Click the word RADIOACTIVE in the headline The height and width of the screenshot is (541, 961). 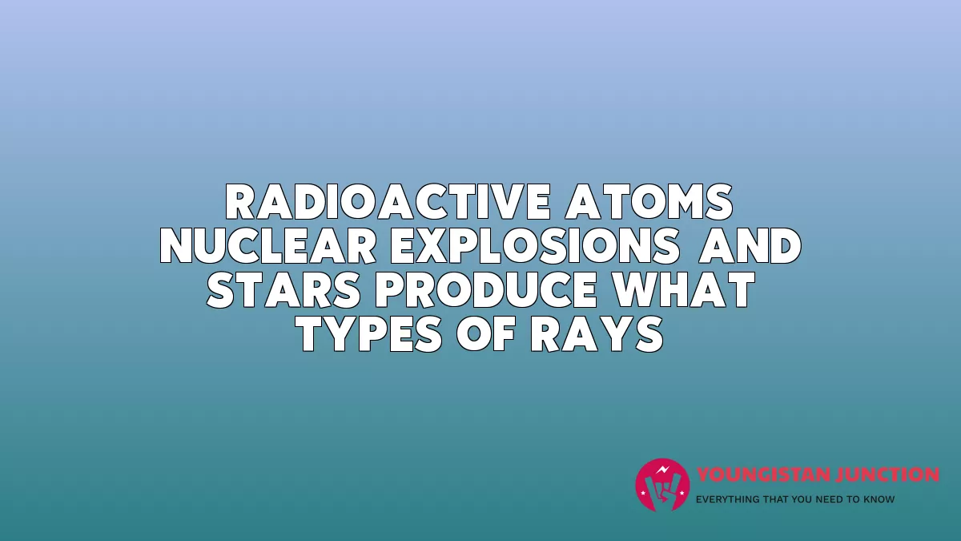pyautogui.click(x=388, y=202)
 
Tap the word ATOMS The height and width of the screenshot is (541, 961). pyautogui.click(x=649, y=202)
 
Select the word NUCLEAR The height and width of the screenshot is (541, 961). pyautogui.click(x=268, y=245)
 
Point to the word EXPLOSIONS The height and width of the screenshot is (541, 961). pyautogui.click(x=535, y=245)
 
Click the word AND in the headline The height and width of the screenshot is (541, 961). pyautogui.click(x=750, y=245)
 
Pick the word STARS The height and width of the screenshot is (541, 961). pyautogui.click(x=283, y=290)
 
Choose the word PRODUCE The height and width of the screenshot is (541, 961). pyautogui.click(x=485, y=290)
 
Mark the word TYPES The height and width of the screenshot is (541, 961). pyautogui.click(x=370, y=334)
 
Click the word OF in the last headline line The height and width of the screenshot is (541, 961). pyautogui.click(x=485, y=334)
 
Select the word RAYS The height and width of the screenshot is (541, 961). pyautogui.click(x=597, y=334)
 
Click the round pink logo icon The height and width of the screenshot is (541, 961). pyautogui.click(x=662, y=485)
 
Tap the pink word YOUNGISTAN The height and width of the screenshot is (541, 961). pyautogui.click(x=760, y=474)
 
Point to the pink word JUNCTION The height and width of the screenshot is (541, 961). pyautogui.click(x=884, y=474)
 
